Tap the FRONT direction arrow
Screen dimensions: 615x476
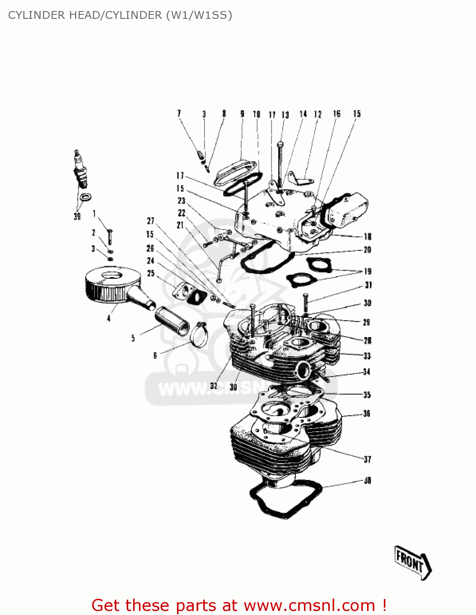[x=412, y=562]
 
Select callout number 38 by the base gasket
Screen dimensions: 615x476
[x=367, y=480]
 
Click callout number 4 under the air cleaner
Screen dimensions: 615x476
[x=109, y=318]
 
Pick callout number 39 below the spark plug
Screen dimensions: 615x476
[x=77, y=216]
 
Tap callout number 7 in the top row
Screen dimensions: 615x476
[x=179, y=114]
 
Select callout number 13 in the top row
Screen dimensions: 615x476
[x=285, y=115]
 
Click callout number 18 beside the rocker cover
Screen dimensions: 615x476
[x=367, y=237]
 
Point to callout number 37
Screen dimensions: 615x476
[x=367, y=459]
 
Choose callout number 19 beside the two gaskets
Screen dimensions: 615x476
[x=367, y=271]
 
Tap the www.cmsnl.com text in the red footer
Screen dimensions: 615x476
[x=309, y=605]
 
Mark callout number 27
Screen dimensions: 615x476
[x=151, y=221]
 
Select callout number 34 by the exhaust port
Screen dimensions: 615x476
[x=367, y=372]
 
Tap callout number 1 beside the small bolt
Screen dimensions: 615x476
[x=94, y=214]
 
